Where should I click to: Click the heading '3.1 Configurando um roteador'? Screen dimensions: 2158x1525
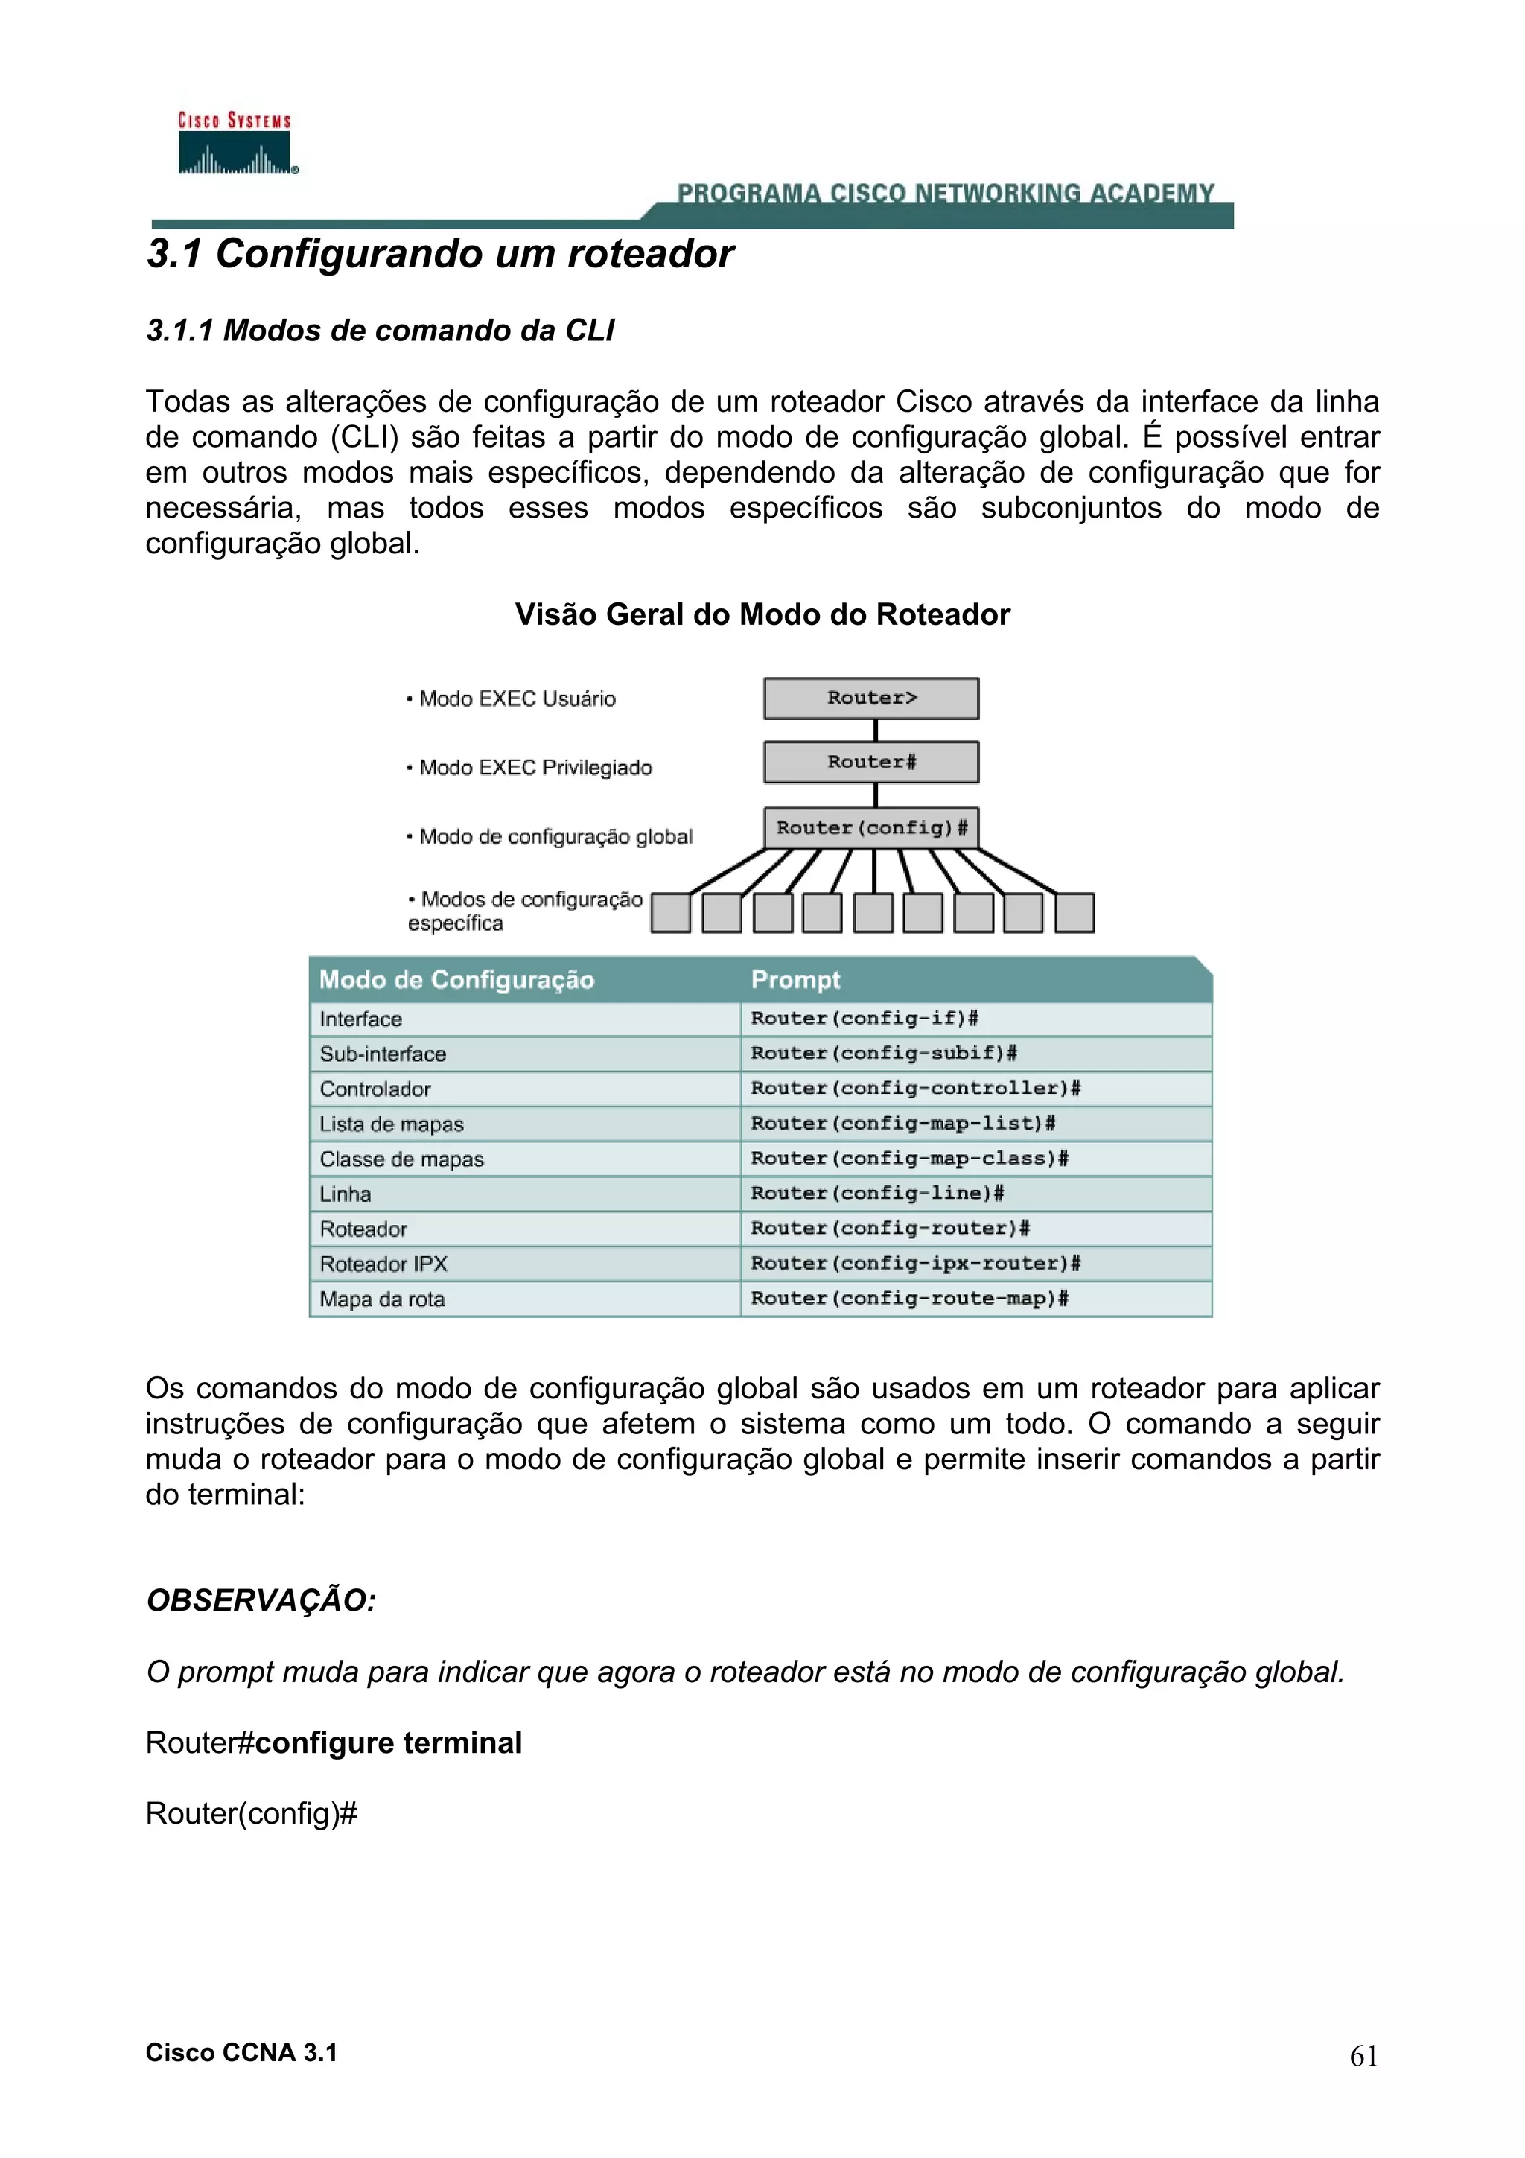click(x=440, y=254)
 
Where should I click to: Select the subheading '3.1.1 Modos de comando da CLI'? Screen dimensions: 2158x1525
click(x=380, y=331)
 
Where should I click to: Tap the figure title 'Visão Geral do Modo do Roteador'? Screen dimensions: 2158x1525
click(x=762, y=614)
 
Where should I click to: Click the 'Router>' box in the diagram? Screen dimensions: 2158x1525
click(x=871, y=698)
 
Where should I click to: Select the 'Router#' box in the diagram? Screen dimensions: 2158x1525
click(x=871, y=763)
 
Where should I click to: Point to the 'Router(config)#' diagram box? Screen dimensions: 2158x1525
click(x=871, y=828)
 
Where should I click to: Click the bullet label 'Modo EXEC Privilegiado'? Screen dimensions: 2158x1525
click(x=535, y=768)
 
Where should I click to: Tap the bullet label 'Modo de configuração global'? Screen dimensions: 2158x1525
click(x=554, y=836)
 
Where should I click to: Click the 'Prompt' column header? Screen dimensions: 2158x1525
click(x=795, y=979)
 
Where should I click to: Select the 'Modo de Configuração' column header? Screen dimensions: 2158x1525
click(x=456, y=979)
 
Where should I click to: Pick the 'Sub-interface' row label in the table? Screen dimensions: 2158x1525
click(x=383, y=1054)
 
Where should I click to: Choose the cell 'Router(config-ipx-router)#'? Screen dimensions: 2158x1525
click(x=915, y=1263)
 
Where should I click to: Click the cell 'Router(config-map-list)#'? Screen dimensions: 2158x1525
click(x=902, y=1123)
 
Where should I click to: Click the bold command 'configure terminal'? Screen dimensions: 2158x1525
click(x=388, y=1742)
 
